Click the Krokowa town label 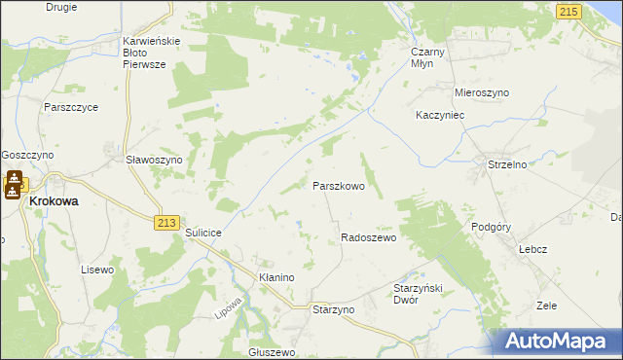[x=55, y=200]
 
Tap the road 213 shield [x=165, y=223]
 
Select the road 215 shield [x=569, y=10]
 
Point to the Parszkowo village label [x=338, y=185]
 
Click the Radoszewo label [x=368, y=237]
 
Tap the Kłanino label [x=276, y=277]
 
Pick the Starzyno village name [x=333, y=308]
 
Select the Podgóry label [x=490, y=227]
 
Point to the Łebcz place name [x=532, y=248]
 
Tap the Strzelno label [x=507, y=165]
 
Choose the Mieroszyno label [x=482, y=92]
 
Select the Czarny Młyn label [x=428, y=55]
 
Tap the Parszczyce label [x=70, y=107]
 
